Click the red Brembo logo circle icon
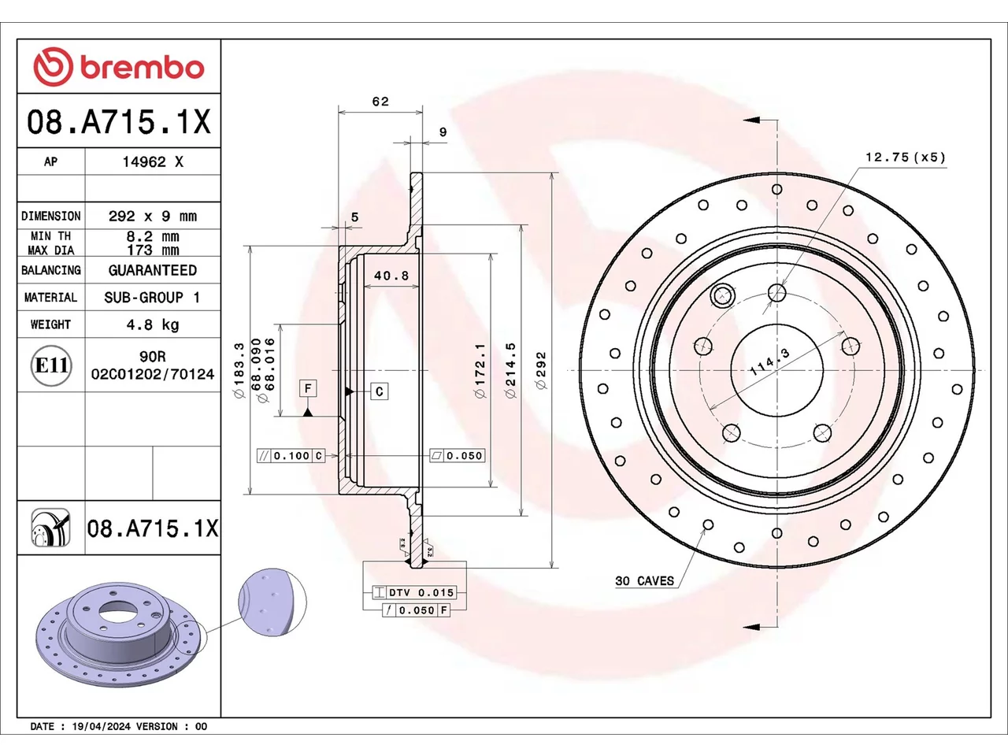pos(53,67)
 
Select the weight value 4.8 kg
pos(153,324)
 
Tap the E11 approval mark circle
pos(51,365)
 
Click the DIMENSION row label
pos(51,216)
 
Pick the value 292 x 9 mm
pos(153,216)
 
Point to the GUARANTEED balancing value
pos(153,270)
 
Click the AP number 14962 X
pos(153,161)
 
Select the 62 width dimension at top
pos(380,101)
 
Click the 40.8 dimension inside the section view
pos(391,276)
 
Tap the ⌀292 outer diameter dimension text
pos(542,370)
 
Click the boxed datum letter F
pos(308,388)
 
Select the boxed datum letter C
pos(380,391)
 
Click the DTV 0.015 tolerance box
pos(414,592)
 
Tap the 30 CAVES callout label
pos(644,580)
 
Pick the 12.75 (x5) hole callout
pos(905,157)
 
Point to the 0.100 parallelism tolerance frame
pos(291,456)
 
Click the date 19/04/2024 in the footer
pos(101,726)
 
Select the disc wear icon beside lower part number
pos(51,528)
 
